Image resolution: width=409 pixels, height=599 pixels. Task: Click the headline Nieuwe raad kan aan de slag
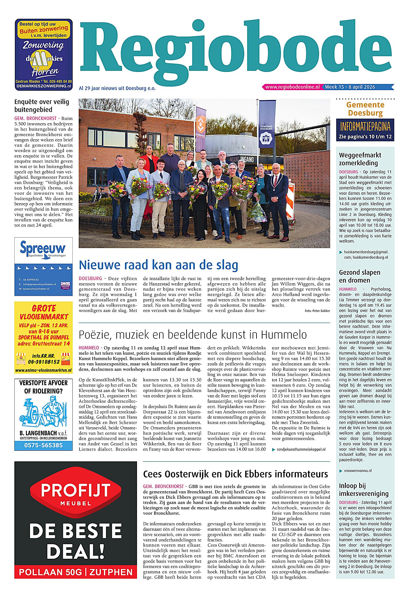pyautogui.click(x=158, y=265)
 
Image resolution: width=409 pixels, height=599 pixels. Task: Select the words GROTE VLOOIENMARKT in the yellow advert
pyautogui.click(x=43, y=312)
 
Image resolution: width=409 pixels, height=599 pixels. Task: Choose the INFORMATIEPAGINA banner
pyautogui.click(x=365, y=127)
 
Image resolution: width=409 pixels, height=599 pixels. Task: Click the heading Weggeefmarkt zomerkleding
pyautogui.click(x=360, y=159)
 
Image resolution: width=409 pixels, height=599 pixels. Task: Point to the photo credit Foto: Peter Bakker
pyautogui.click(x=317, y=311)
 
